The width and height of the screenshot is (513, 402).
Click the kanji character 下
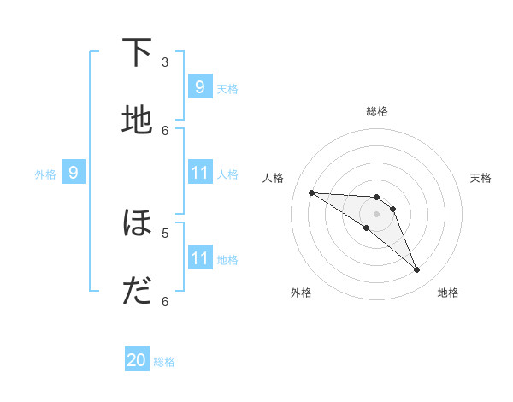(x=137, y=53)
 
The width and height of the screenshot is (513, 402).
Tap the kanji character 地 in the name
(x=137, y=121)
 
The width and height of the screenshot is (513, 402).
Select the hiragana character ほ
(x=137, y=223)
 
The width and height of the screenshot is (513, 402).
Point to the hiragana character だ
(x=137, y=292)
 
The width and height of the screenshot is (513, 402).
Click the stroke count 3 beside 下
(x=165, y=62)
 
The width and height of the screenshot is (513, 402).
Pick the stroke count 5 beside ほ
(x=165, y=232)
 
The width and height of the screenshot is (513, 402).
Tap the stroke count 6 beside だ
(x=165, y=301)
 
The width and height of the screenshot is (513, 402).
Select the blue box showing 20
(x=137, y=361)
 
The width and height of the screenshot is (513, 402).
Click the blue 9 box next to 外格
(x=74, y=173)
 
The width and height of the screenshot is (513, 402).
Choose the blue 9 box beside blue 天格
(x=199, y=86)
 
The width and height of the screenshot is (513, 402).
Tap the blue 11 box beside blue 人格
(x=199, y=173)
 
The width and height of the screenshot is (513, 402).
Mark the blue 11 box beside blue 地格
(x=199, y=258)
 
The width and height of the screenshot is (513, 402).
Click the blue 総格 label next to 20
(x=164, y=362)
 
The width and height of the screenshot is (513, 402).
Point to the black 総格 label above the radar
(x=376, y=111)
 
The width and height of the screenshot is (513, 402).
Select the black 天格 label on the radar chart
(x=481, y=178)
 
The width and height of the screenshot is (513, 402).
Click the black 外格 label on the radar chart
(x=301, y=293)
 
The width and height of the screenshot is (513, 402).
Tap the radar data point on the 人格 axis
(x=311, y=192)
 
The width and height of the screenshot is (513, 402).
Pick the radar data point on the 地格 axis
(x=417, y=270)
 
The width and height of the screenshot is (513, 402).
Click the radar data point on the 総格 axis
(x=376, y=197)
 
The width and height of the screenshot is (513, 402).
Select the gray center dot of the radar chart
(x=376, y=214)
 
